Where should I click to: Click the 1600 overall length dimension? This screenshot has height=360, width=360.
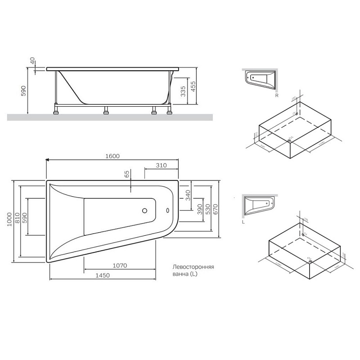[x=112, y=156]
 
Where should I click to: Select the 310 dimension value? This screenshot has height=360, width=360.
[x=161, y=165]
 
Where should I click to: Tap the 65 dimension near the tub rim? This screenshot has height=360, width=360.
[x=127, y=174]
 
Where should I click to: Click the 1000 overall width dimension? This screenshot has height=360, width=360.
[x=10, y=220]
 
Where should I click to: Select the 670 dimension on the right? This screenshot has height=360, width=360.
[x=216, y=208]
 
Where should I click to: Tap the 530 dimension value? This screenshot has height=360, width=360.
[x=207, y=208]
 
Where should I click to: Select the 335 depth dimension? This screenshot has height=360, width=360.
[x=183, y=92]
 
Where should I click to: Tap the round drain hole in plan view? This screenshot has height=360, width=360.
[x=145, y=210]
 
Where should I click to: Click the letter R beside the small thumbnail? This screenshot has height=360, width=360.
[x=277, y=95]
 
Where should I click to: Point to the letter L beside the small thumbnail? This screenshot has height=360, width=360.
[x=243, y=222]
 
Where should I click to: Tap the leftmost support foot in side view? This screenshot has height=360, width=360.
[x=57, y=109]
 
